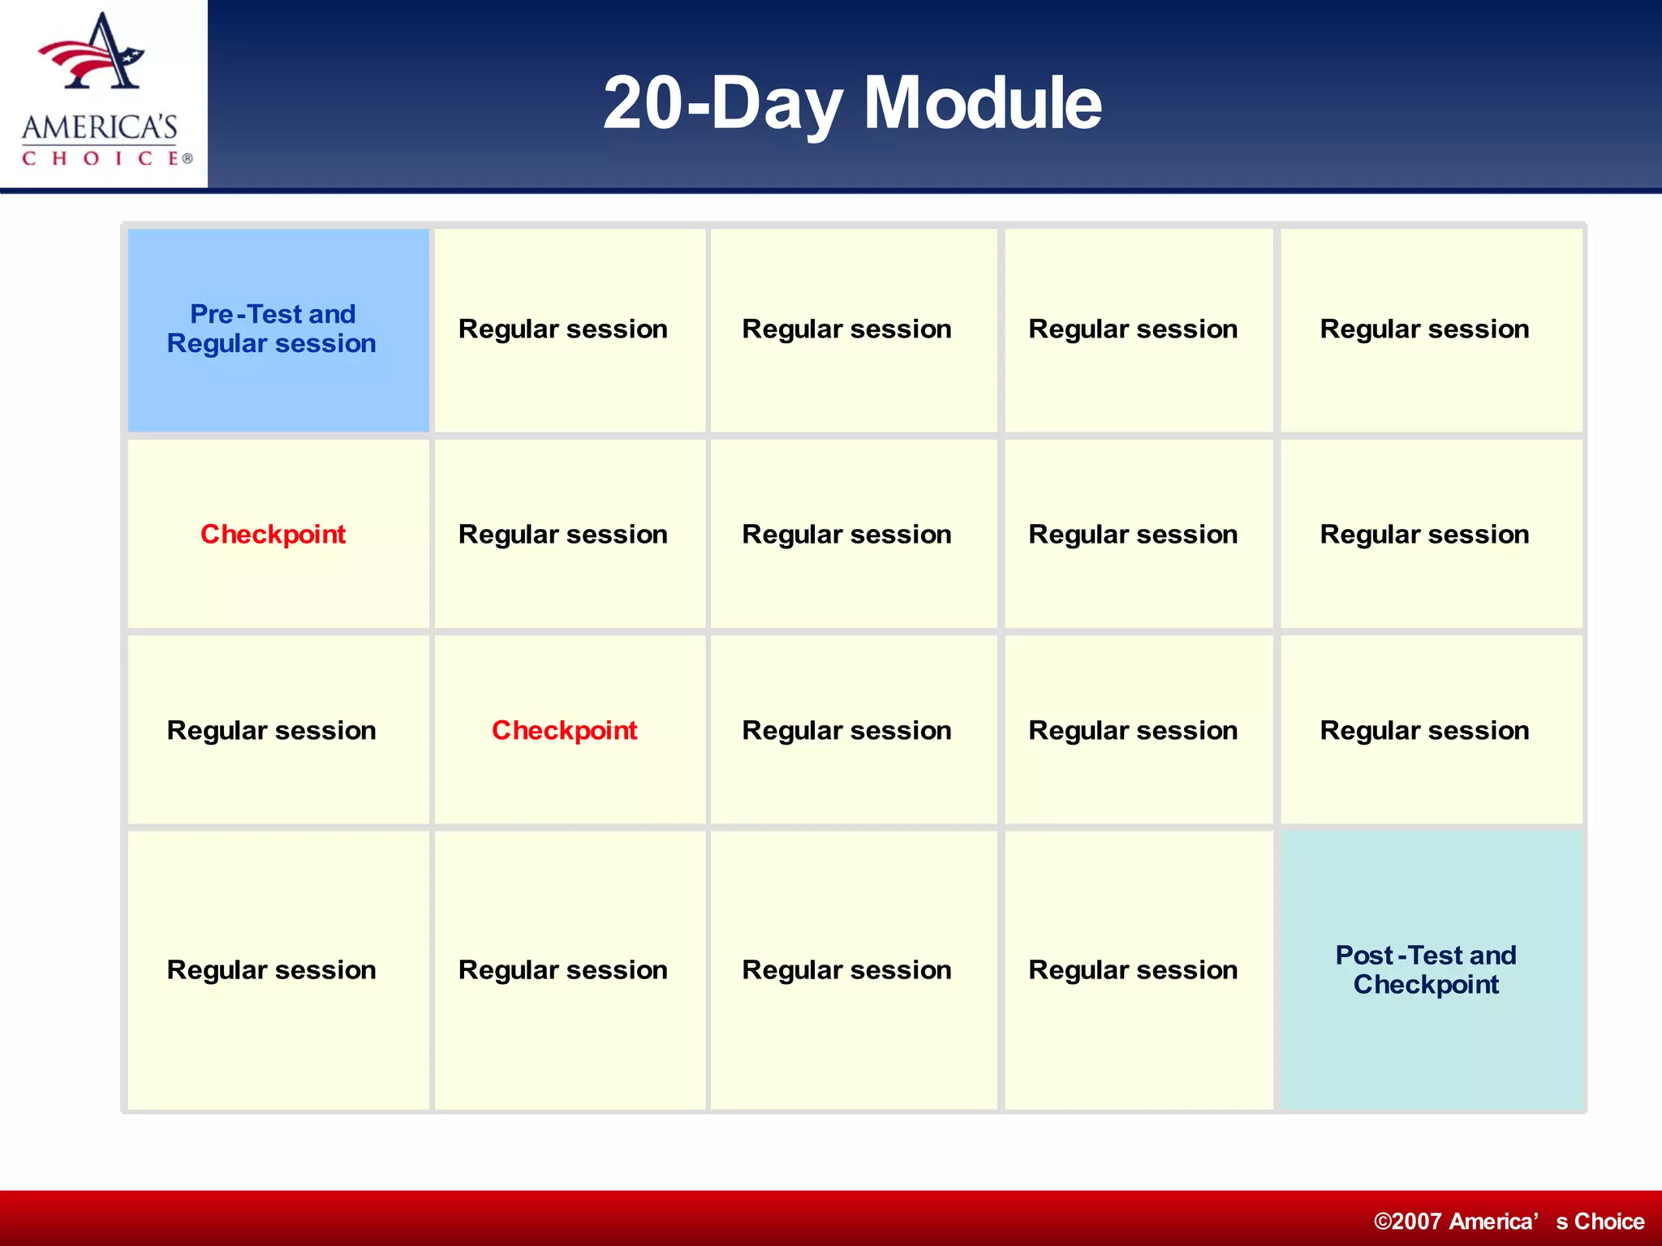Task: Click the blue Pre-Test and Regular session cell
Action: click(x=278, y=329)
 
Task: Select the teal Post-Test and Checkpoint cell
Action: click(x=1431, y=969)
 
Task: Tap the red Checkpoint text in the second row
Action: click(x=273, y=534)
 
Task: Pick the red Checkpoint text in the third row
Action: click(x=564, y=730)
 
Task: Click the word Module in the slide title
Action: click(x=982, y=103)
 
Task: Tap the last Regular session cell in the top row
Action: click(x=1431, y=329)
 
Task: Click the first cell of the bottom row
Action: click(x=278, y=969)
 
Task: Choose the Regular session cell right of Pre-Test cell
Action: click(x=569, y=329)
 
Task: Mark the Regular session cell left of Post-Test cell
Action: click(x=1138, y=969)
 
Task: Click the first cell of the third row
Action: click(x=278, y=730)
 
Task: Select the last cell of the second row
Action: click(x=1431, y=534)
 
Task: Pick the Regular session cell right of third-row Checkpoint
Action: click(x=853, y=730)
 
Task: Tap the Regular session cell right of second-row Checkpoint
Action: click(x=569, y=534)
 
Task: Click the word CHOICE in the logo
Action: click(x=101, y=158)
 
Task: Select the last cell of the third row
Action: click(x=1431, y=730)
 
